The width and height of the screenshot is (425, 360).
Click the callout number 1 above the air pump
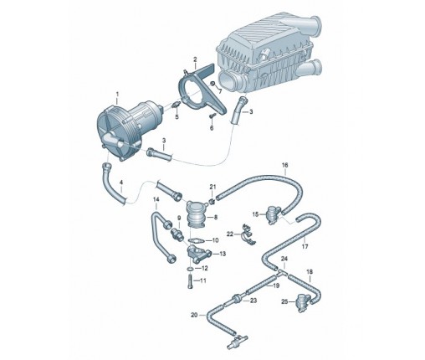pyautogui.click(x=117, y=95)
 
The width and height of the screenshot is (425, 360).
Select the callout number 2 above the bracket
pyautogui.click(x=195, y=59)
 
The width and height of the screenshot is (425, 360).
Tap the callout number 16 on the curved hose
pyautogui.click(x=284, y=165)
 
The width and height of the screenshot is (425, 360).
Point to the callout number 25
pyautogui.click(x=284, y=301)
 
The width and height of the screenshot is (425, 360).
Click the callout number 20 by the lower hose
pyautogui.click(x=194, y=315)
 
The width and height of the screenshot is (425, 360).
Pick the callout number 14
pyautogui.click(x=156, y=199)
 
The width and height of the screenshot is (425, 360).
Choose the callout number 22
pyautogui.click(x=230, y=234)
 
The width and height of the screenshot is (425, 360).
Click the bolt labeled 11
pyautogui.click(x=191, y=281)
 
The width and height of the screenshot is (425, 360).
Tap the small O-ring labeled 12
pyautogui.click(x=190, y=269)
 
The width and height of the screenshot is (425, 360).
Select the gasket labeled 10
pyautogui.click(x=197, y=240)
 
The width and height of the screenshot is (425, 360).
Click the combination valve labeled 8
pyautogui.click(x=197, y=214)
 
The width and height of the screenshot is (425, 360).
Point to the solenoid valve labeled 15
pyautogui.click(x=272, y=214)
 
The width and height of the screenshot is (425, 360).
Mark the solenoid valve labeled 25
pyautogui.click(x=302, y=302)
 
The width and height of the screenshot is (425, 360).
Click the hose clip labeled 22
pyautogui.click(x=249, y=234)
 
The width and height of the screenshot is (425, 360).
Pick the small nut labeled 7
pyautogui.click(x=212, y=83)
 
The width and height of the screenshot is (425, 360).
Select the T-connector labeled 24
pyautogui.click(x=282, y=272)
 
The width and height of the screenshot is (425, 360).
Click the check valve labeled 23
pyautogui.click(x=237, y=299)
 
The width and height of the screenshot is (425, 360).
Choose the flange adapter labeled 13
pyautogui.click(x=198, y=254)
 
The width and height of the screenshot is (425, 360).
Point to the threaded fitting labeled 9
pyautogui.click(x=177, y=234)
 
